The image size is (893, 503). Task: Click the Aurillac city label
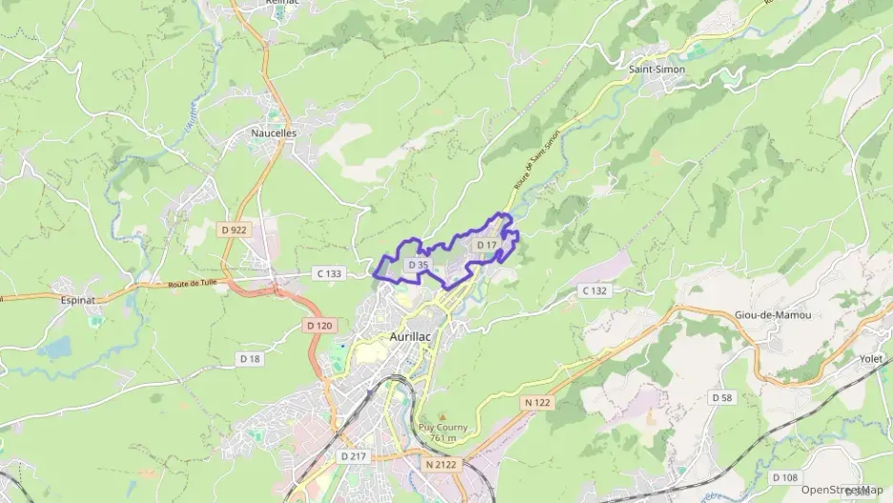413,337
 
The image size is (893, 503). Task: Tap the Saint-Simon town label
656,70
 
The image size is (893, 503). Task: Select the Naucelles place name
274,134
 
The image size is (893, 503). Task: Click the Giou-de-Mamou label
773,315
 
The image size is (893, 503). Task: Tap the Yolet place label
870,359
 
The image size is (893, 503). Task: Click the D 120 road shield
321,325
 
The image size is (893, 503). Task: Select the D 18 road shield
249,358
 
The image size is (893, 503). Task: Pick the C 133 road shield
328,274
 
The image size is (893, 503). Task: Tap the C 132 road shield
593,290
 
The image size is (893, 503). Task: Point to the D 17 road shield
486,245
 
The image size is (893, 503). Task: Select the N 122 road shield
537,403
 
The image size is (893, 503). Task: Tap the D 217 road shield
352,456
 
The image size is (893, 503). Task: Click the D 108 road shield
784,477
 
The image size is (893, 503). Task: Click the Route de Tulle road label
194,284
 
